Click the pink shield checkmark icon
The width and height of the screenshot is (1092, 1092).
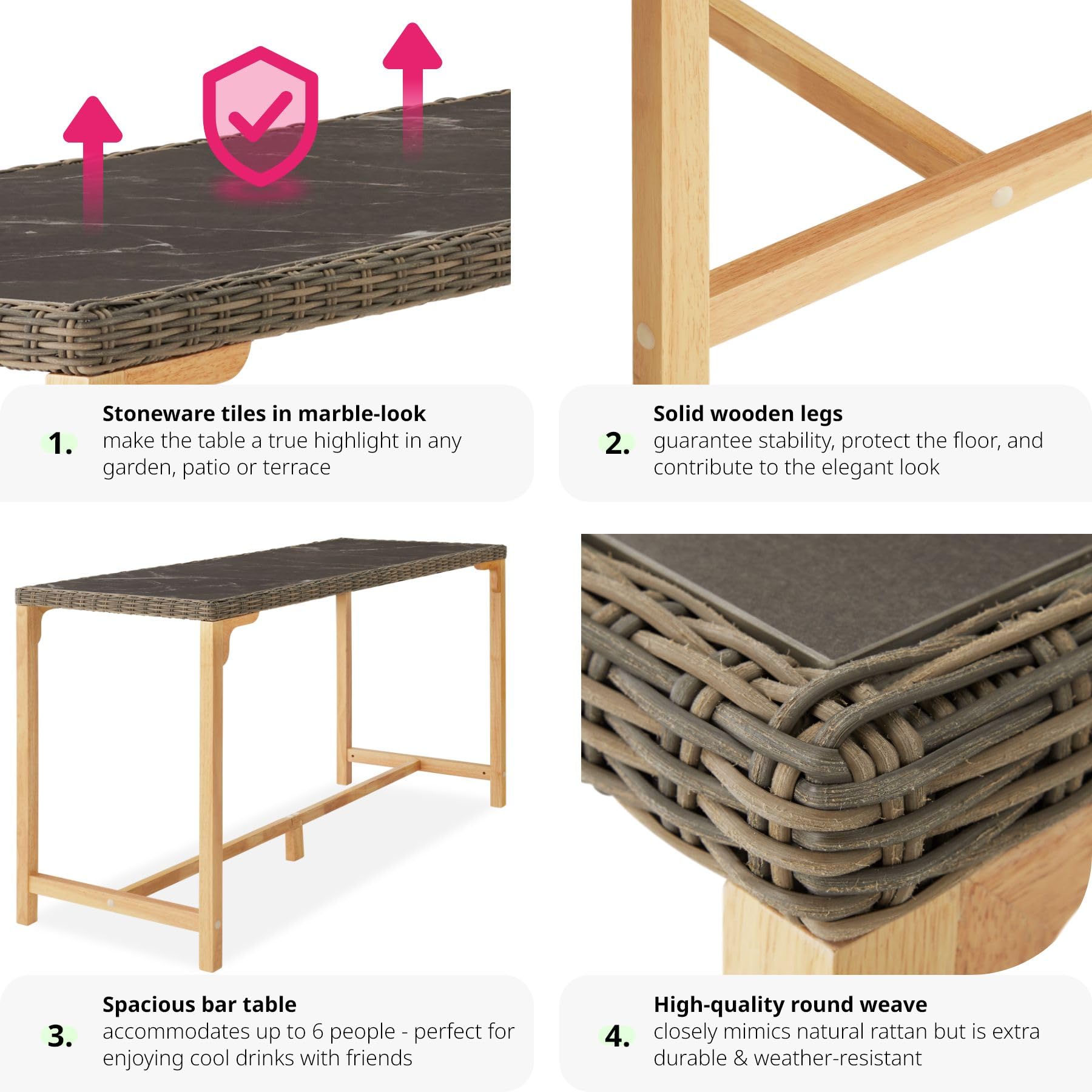pyautogui.click(x=260, y=115)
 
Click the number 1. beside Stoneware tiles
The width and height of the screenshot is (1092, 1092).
pyautogui.click(x=60, y=443)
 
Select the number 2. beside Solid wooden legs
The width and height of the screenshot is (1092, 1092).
pyautogui.click(x=617, y=443)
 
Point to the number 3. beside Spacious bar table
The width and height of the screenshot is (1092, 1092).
pyautogui.click(x=60, y=1036)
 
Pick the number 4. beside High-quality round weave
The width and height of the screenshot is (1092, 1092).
pyautogui.click(x=617, y=1036)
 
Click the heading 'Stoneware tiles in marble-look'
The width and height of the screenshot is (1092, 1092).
pyautogui.click(x=264, y=413)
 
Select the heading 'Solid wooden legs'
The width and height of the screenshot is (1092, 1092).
pyautogui.click(x=748, y=414)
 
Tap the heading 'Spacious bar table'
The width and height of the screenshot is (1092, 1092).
pyautogui.click(x=200, y=1005)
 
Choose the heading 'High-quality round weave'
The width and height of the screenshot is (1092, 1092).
pyautogui.click(x=790, y=1005)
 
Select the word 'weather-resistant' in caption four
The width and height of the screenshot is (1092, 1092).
pyautogui.click(x=838, y=1058)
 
